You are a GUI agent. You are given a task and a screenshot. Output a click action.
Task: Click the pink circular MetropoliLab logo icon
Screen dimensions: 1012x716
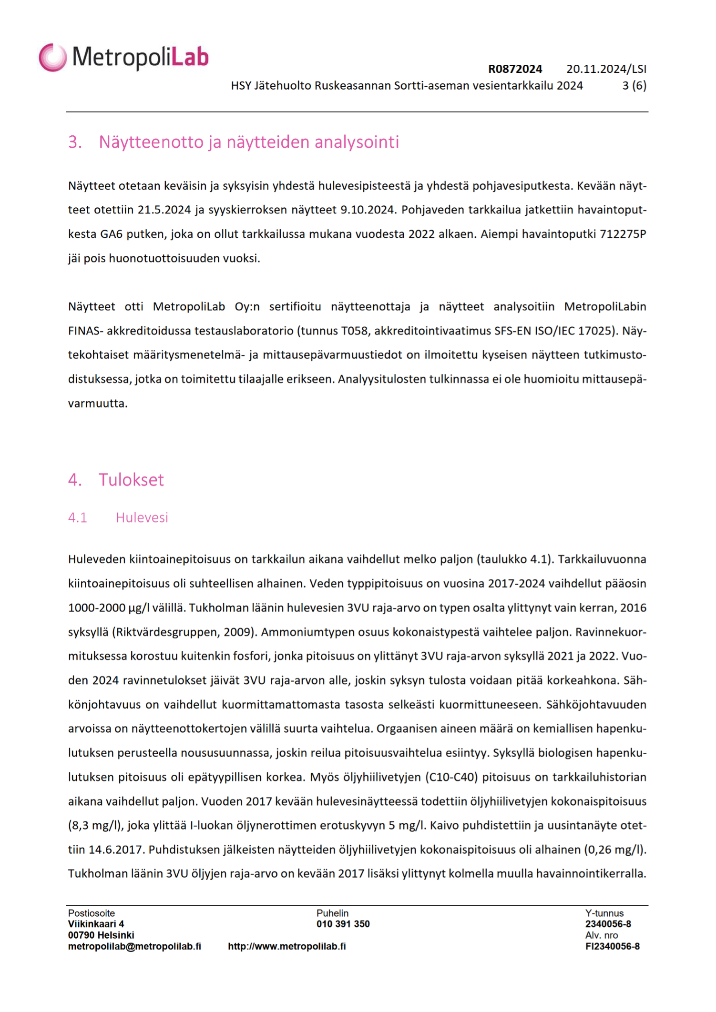point(52,57)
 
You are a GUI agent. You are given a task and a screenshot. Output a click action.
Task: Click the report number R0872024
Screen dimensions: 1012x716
point(515,69)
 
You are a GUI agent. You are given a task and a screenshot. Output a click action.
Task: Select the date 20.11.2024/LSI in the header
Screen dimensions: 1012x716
point(606,69)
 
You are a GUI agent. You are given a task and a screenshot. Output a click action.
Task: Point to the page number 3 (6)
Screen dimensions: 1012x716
point(634,86)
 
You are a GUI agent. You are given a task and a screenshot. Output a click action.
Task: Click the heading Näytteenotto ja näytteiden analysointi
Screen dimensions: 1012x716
point(248,142)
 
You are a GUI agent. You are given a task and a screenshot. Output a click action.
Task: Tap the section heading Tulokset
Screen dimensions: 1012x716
point(131,480)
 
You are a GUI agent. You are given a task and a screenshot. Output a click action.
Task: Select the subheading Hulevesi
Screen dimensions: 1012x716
point(142,518)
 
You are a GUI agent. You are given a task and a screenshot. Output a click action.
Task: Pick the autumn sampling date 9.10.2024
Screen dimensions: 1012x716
point(367,210)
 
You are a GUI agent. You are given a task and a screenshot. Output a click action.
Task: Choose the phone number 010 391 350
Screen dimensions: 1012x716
point(343,924)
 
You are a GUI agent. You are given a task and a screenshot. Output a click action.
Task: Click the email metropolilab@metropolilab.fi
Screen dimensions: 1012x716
point(134,946)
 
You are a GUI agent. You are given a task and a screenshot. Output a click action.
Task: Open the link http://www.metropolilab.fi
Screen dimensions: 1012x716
point(286,946)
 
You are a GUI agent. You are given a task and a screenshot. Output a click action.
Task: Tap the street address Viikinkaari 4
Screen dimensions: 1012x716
point(96,924)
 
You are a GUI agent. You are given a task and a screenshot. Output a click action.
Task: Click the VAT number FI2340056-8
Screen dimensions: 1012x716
point(612,946)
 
